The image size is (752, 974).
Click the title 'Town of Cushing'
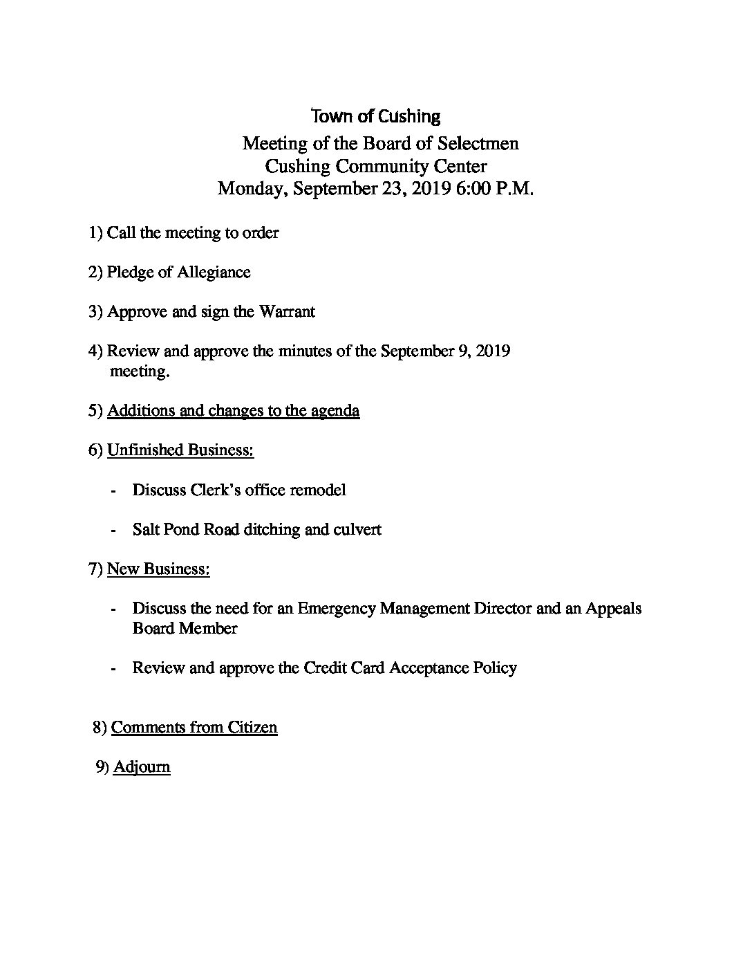pos(376,116)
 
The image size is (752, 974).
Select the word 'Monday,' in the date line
pos(252,189)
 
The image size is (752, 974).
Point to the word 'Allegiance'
pos(214,272)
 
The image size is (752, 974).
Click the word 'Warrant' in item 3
pos(287,312)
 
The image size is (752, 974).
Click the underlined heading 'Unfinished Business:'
pos(180,450)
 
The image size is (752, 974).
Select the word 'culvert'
pos(357,530)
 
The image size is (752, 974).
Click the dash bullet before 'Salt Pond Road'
pos(113,531)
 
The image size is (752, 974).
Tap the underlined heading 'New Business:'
pos(158,569)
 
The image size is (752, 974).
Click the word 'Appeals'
pos(614,609)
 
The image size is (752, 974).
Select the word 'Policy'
pos(494,668)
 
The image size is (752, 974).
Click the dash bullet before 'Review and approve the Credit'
pos(113,669)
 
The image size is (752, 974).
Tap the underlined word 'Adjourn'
pos(142,767)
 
